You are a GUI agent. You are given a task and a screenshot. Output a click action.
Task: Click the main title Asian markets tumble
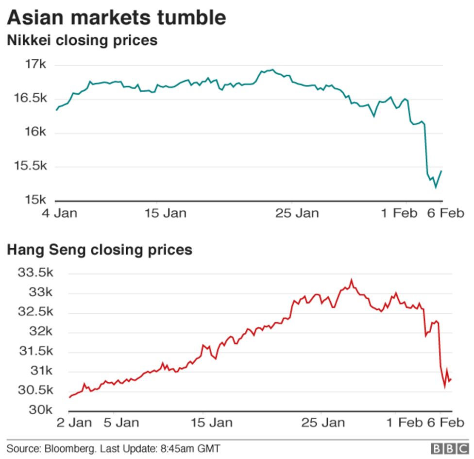pos(117,18)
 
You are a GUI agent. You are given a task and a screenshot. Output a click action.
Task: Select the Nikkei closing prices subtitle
pos(82,40)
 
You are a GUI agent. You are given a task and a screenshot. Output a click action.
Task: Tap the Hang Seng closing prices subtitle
pos(100,250)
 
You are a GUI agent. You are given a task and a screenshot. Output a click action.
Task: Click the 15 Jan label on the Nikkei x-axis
pos(166,213)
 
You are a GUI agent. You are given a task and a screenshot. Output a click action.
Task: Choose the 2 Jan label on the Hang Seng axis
pos(74,423)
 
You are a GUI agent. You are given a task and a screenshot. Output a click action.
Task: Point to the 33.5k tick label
pos(35,273)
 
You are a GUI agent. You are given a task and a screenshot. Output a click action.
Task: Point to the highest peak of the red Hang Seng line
pos(352,280)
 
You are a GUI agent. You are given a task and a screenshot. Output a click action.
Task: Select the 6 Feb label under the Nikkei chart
pos(445,213)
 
